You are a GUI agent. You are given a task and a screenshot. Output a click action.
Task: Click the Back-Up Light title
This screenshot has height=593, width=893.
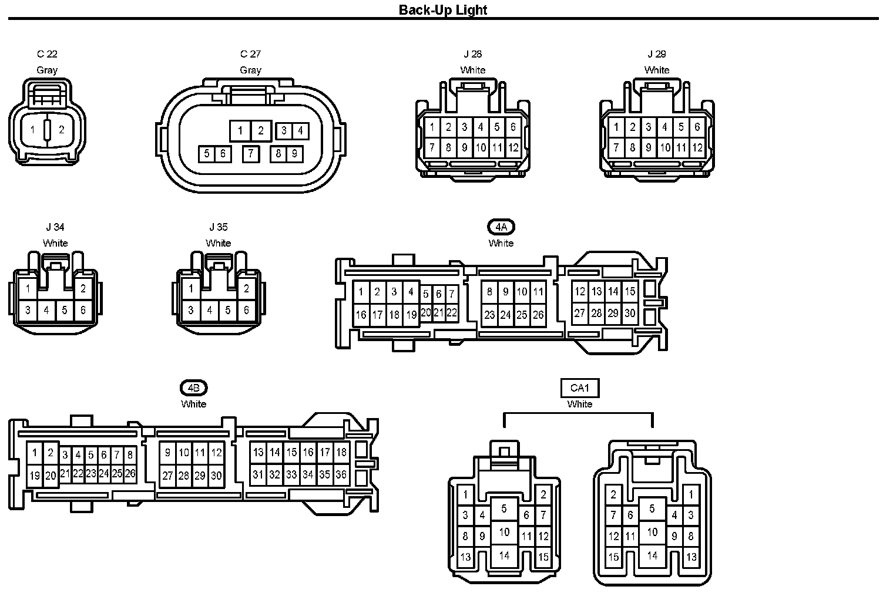443,9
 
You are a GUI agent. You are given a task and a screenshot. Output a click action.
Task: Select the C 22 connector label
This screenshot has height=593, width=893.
47,54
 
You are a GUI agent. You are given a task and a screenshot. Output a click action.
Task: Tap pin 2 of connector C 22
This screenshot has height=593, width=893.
61,130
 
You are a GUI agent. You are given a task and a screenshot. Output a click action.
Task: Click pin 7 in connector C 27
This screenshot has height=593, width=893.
251,154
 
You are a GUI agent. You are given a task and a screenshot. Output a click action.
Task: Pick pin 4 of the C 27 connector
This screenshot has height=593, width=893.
300,130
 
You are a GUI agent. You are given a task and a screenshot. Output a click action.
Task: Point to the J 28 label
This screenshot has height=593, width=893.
472,54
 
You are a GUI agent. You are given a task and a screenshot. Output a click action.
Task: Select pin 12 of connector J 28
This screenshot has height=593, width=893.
513,147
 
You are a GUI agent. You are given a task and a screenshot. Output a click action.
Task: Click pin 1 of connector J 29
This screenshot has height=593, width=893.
616,127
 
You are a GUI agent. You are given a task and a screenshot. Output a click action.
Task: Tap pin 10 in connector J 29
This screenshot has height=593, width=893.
664,147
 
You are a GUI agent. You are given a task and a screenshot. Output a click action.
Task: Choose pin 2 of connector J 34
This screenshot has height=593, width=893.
83,288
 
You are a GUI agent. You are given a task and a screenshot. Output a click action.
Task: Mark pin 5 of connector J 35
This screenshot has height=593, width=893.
228,310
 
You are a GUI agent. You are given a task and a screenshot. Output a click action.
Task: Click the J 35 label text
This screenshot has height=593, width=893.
218,227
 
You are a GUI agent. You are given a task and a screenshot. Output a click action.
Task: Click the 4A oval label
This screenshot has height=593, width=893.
501,227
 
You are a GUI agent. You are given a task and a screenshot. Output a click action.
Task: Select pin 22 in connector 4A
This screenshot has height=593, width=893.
451,313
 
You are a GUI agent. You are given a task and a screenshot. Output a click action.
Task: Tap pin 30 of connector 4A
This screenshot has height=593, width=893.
630,313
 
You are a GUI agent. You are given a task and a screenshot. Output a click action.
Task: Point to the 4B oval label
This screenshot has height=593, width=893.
193,388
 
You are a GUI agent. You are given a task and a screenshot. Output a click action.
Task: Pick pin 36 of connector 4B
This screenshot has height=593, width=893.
341,474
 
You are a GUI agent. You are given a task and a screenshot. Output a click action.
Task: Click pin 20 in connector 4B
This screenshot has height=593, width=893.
51,476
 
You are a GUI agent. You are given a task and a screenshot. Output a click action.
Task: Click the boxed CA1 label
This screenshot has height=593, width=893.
579,388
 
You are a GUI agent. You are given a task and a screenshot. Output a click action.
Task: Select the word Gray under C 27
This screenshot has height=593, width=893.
250,70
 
